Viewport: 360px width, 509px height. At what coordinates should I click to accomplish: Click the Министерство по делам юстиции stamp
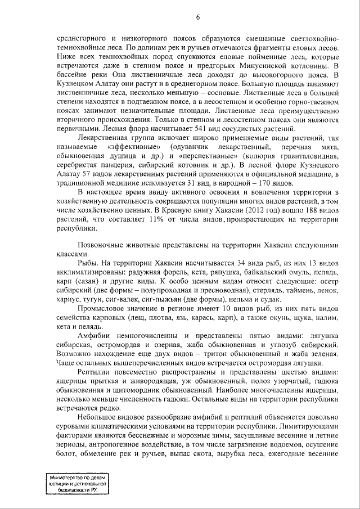tap(77, 482)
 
